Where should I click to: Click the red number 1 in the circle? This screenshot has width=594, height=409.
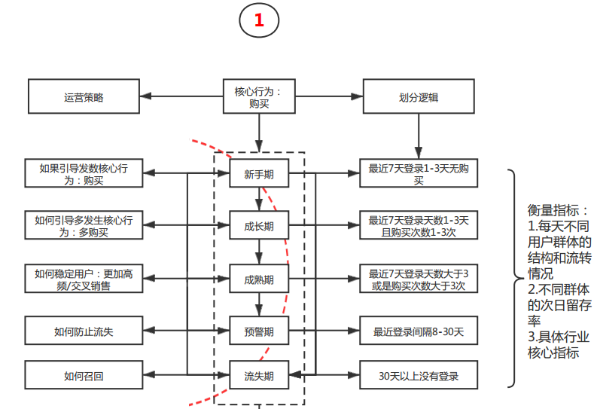click(259, 21)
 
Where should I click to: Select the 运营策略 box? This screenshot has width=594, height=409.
click(84, 97)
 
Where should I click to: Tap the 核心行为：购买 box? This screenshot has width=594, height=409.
click(259, 97)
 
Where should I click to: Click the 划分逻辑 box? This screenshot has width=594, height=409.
click(419, 97)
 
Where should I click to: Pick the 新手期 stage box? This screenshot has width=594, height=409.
click(259, 175)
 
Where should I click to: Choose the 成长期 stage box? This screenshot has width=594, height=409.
click(259, 225)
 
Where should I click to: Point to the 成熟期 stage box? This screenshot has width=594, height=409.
click(259, 279)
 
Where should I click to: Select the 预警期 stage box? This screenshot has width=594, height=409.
click(259, 330)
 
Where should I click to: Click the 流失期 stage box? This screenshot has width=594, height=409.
click(259, 374)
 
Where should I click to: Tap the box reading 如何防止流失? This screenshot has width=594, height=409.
click(84, 330)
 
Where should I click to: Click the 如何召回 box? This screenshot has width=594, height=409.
click(84, 374)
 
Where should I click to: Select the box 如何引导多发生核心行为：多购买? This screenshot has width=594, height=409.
click(84, 225)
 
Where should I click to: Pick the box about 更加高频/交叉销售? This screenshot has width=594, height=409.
click(84, 279)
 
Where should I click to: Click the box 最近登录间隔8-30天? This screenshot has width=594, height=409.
click(419, 330)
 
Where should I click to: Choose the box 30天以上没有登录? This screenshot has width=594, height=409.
click(419, 374)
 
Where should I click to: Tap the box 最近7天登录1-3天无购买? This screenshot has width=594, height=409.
click(419, 175)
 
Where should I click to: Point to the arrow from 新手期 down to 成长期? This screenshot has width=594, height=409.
click(259, 200)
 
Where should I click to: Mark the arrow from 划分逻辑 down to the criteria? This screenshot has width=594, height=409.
click(419, 136)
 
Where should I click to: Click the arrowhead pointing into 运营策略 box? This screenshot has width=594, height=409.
click(146, 96)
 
